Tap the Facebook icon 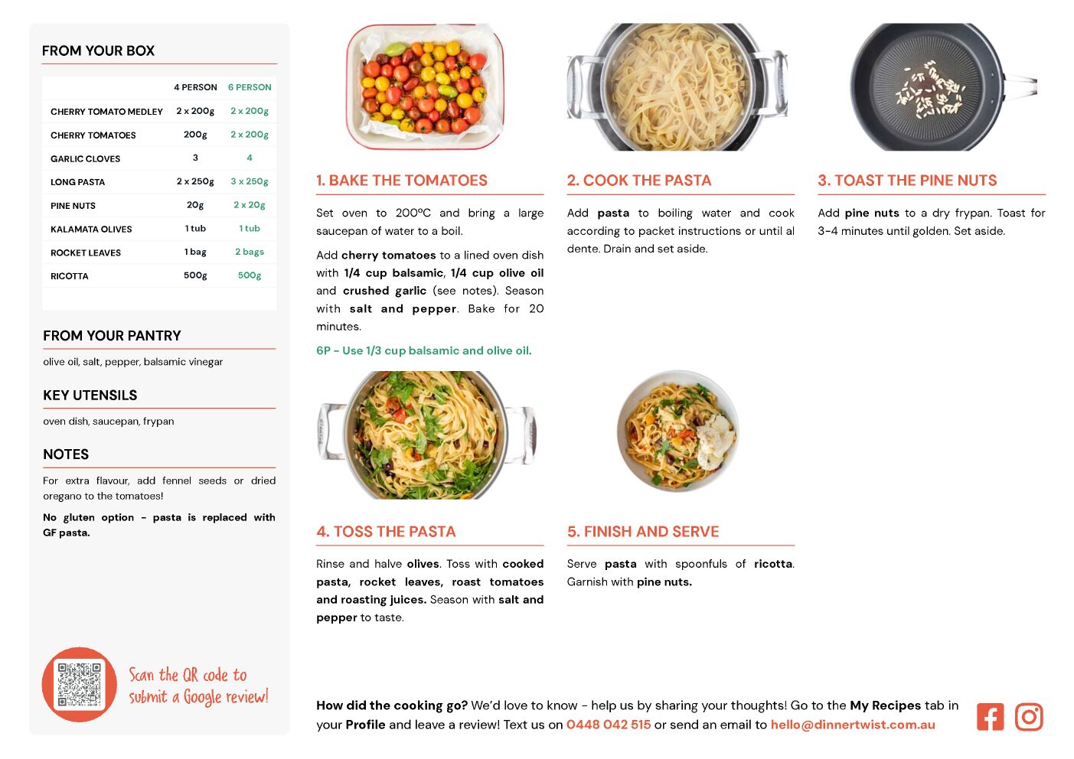(x=990, y=717)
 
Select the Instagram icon (x=1029, y=717)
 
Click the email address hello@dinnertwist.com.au (x=853, y=725)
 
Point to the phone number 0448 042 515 (x=609, y=725)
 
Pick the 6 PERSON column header (x=250, y=87)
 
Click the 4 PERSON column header (x=195, y=87)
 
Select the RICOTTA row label (x=70, y=276)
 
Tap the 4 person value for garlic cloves (x=195, y=158)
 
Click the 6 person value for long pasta (x=250, y=181)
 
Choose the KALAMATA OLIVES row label (x=91, y=229)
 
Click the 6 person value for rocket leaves (x=250, y=252)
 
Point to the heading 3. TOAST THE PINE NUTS (x=907, y=180)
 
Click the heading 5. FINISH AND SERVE (x=643, y=532)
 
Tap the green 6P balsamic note (x=424, y=350)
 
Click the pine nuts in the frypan (x=931, y=90)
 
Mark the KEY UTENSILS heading (x=90, y=395)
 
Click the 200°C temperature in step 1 (x=413, y=213)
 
